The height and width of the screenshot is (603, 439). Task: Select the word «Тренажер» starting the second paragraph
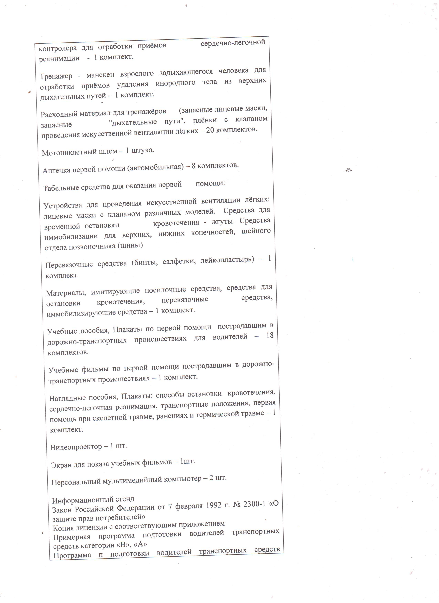tap(56, 76)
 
